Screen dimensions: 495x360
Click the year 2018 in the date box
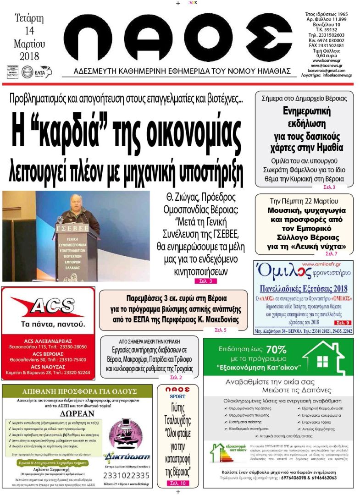pos(29,56)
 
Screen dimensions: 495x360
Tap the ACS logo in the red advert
pos(48,307)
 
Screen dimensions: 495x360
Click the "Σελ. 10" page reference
pos(177,483)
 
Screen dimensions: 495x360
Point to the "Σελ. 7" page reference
pos(331,253)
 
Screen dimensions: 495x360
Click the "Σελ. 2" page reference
pos(176,377)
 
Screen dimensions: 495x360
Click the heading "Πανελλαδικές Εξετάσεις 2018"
pos(303,289)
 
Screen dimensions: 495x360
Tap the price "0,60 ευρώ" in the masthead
pos(326,55)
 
